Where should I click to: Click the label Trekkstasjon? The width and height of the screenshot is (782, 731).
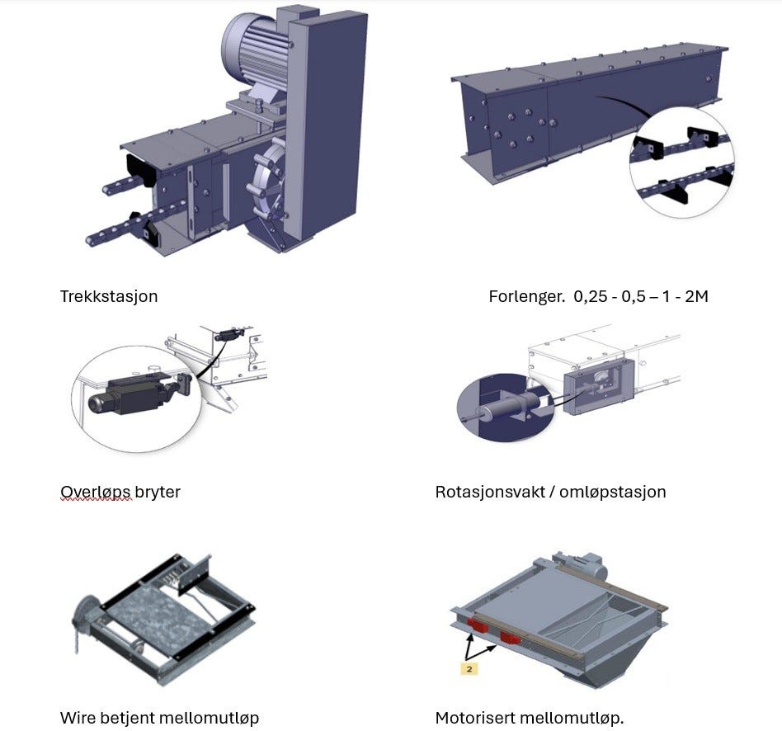109,295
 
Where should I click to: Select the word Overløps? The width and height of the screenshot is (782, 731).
96,492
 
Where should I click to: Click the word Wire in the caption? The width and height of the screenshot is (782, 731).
77,718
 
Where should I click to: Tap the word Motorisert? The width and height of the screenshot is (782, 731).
478,718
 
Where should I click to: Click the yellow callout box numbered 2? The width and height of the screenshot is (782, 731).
469,668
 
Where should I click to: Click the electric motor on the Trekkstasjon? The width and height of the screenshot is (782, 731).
251,45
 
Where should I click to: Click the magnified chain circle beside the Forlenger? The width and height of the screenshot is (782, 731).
681,163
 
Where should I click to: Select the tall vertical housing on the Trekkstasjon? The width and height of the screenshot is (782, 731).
327,124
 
